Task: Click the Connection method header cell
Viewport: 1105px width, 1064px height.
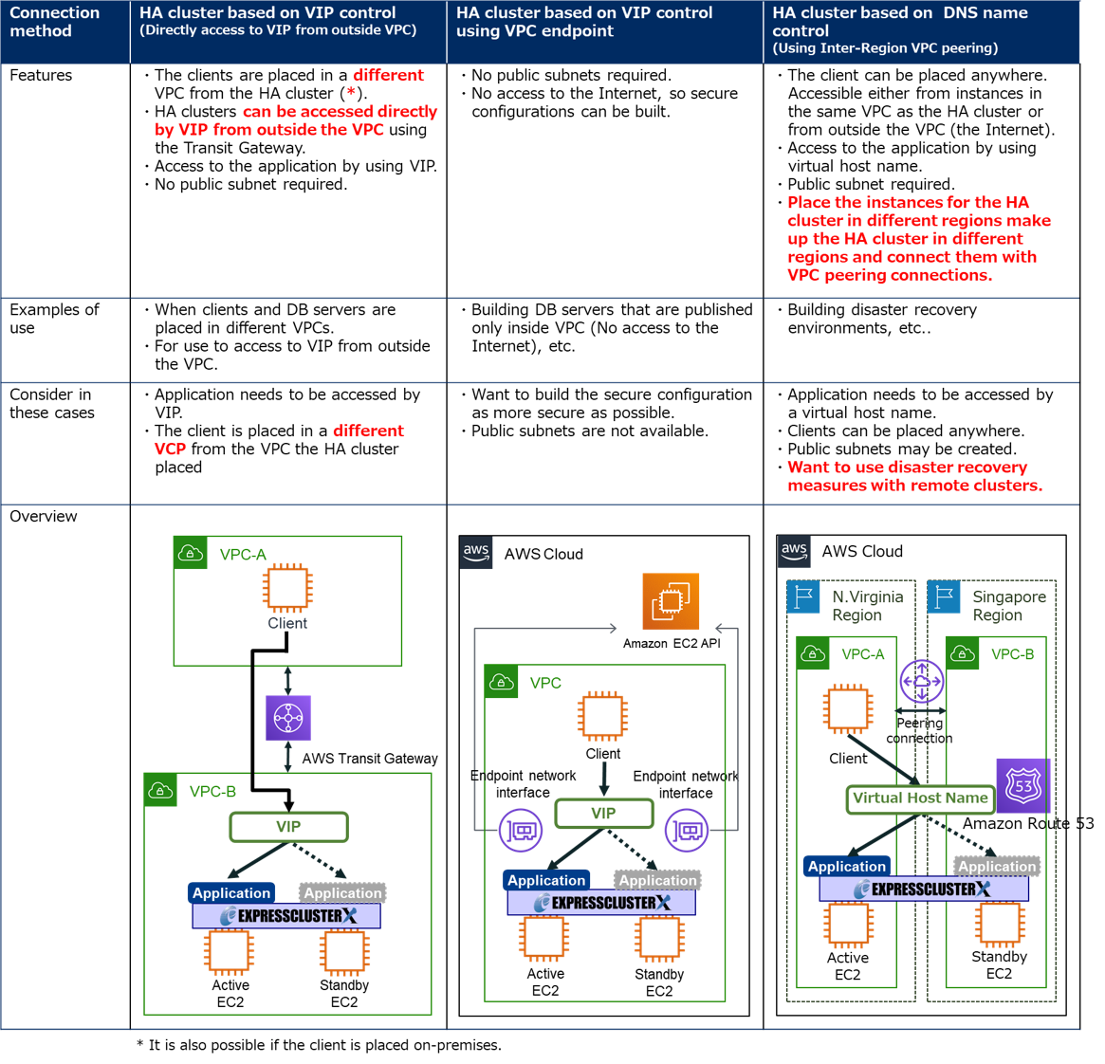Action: point(64,31)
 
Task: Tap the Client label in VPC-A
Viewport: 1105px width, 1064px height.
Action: point(287,623)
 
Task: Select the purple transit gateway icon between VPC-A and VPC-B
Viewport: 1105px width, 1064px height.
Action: point(288,719)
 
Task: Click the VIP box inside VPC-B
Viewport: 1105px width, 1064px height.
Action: point(288,827)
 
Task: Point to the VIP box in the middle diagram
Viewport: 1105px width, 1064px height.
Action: point(603,814)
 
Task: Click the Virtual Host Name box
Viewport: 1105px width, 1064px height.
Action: point(919,798)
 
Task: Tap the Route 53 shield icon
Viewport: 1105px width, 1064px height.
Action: point(1023,785)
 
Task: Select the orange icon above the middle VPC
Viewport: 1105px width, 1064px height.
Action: point(671,601)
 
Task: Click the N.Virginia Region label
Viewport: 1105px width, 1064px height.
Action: point(867,606)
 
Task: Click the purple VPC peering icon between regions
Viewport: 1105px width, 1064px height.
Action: point(921,681)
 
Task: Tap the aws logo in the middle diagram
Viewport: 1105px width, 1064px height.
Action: point(476,553)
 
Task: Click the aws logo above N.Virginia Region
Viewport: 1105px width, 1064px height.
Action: point(794,551)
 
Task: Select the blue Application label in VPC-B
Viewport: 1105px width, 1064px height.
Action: point(231,893)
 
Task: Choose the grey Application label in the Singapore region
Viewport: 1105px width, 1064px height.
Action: point(997,867)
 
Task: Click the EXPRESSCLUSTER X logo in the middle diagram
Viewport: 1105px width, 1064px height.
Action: point(601,903)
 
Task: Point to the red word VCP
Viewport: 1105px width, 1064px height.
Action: point(170,449)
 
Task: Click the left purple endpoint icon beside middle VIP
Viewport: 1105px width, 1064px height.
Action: point(521,832)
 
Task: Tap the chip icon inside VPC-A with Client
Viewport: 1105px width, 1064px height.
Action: point(287,589)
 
